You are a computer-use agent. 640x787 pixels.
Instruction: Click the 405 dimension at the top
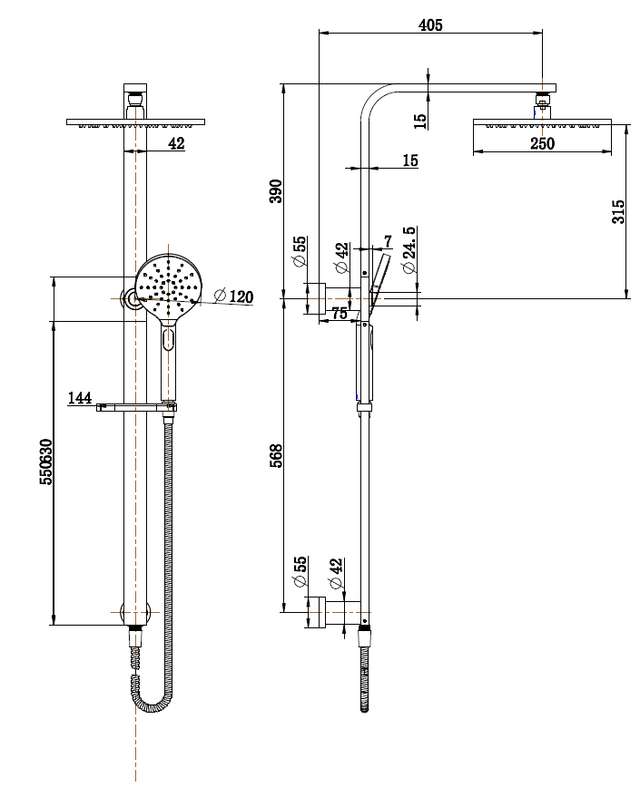click(x=430, y=25)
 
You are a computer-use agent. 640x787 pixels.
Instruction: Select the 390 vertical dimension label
click(x=277, y=191)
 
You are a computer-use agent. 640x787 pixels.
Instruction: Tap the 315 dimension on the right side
click(x=618, y=211)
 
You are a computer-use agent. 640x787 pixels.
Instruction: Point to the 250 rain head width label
click(x=542, y=143)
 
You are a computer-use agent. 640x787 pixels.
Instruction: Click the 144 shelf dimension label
click(x=79, y=397)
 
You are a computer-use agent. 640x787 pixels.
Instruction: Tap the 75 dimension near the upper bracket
click(x=339, y=313)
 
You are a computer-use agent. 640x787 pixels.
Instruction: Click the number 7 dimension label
click(x=388, y=240)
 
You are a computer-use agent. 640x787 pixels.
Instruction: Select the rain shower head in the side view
click(x=542, y=123)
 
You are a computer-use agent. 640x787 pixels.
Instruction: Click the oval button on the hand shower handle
click(x=169, y=341)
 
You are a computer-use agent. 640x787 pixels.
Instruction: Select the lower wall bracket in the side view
click(x=325, y=611)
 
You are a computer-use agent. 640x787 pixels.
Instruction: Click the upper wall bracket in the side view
click(x=325, y=298)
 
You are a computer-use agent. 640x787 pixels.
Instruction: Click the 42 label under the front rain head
click(x=175, y=143)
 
